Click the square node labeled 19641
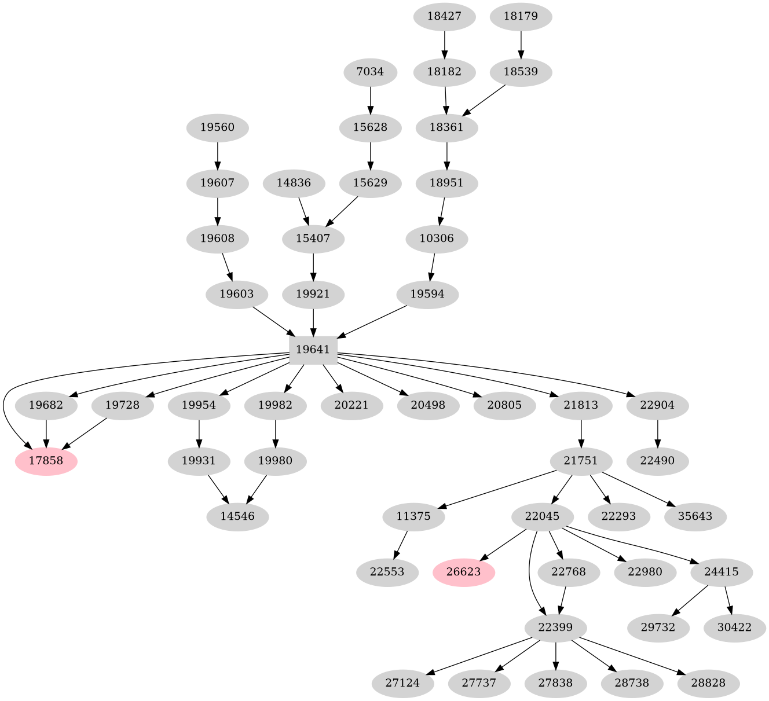pos(313,350)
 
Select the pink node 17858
pos(46,461)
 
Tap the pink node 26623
pos(464,572)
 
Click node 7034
pos(370,72)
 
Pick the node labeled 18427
pos(444,17)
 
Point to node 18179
pos(521,17)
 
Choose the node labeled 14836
pos(294,183)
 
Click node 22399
pos(556,627)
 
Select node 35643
pos(695,516)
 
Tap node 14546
pos(237,516)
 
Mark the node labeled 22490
pos(657,461)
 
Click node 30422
pos(735,627)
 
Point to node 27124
pos(402,683)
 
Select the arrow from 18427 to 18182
pos(444,44)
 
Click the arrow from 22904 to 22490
pos(657,433)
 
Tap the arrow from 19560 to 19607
pos(217,155)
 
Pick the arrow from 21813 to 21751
pos(581,433)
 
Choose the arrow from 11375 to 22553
pos(402,544)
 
